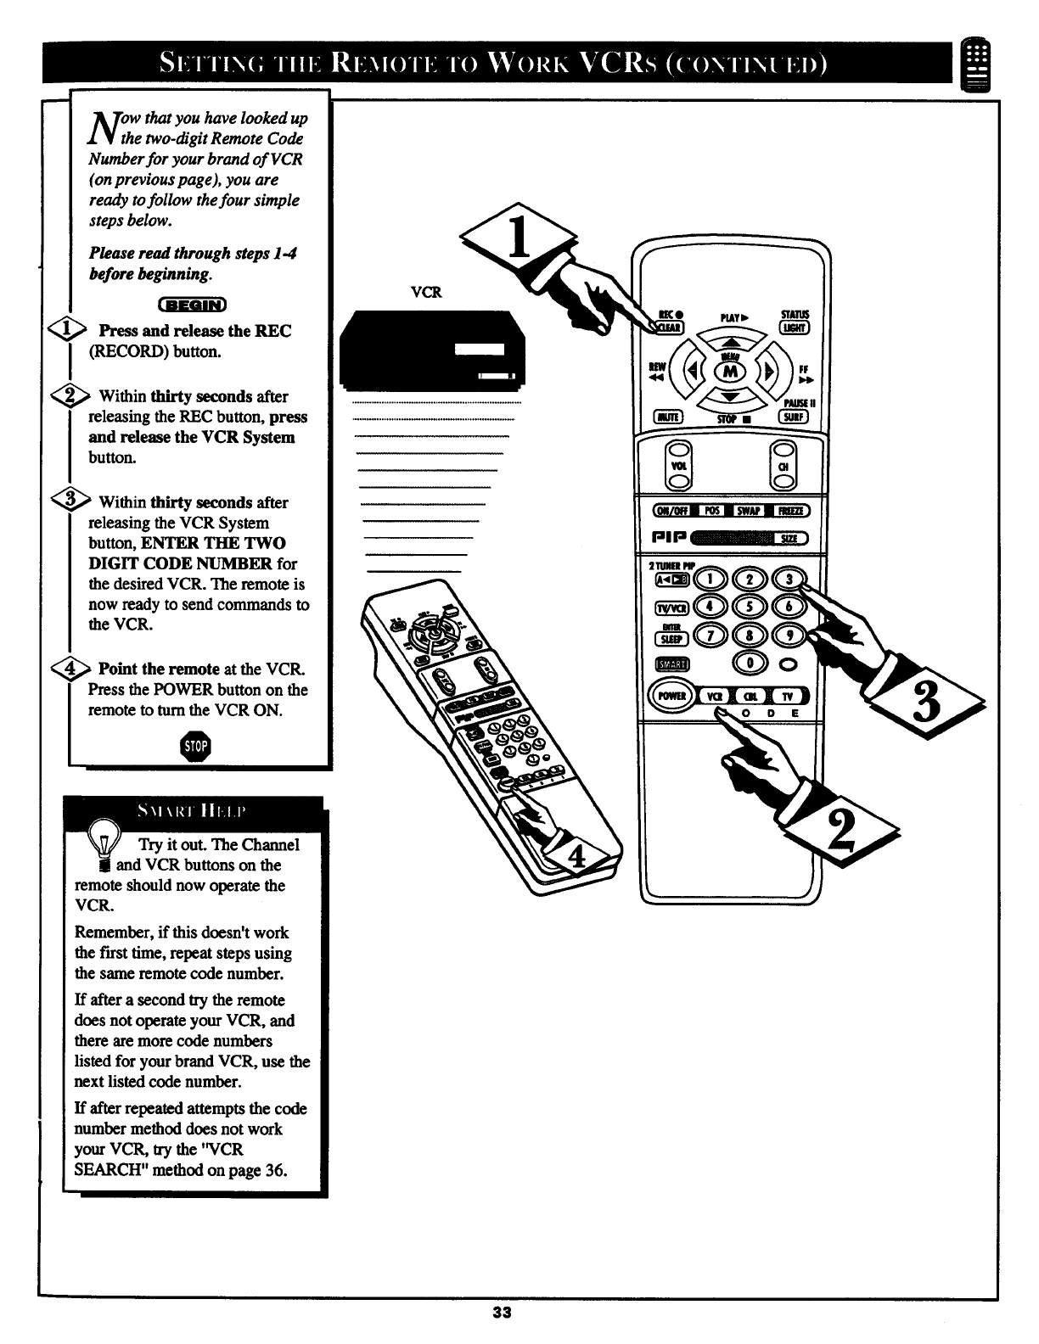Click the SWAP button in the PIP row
tap(747, 510)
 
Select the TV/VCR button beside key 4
tap(668, 608)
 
